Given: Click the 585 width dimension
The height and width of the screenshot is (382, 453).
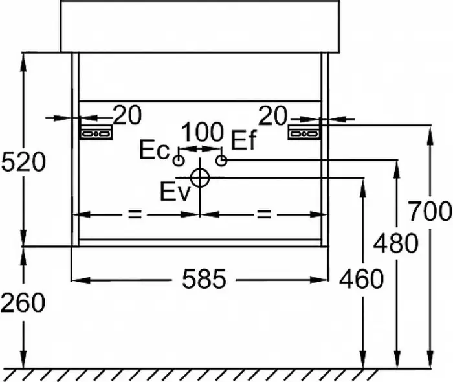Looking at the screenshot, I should [x=204, y=280].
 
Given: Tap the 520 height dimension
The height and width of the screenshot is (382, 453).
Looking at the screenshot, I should [x=24, y=162].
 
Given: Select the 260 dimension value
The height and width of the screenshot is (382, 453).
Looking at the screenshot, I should [x=23, y=302].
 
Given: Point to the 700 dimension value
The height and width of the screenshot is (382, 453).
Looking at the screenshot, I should [x=430, y=212].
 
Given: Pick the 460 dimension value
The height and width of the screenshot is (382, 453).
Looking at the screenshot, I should [x=361, y=280].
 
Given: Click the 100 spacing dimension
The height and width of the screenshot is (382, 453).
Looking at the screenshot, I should [x=202, y=133].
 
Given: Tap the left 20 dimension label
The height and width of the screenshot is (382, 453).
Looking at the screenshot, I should [x=127, y=116].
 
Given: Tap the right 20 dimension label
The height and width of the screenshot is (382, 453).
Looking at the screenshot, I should [x=272, y=116].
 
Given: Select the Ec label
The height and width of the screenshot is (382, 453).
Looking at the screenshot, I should [x=155, y=151].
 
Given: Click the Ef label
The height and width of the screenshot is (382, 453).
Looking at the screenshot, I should [x=244, y=140].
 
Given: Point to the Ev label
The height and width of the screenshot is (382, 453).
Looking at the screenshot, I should [x=175, y=192].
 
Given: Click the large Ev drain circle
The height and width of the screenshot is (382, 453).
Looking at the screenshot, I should [x=201, y=177].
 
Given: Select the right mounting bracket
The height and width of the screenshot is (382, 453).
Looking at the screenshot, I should [x=304, y=133].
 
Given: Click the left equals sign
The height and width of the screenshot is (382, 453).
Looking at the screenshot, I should [x=134, y=214].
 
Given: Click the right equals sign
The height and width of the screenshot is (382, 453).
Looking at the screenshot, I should [x=263, y=214].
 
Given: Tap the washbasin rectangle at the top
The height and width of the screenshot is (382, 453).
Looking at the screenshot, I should [x=201, y=26].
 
